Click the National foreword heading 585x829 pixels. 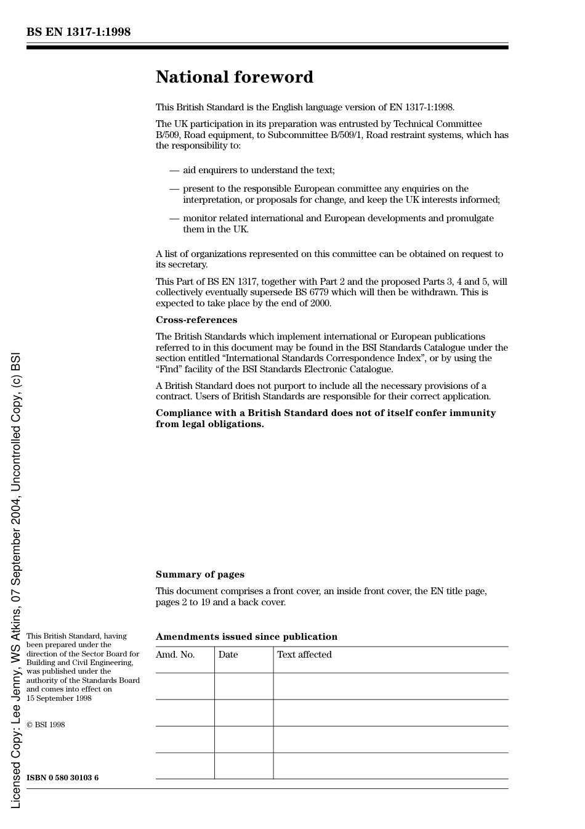(x=234, y=77)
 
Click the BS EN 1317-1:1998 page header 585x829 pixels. (x=78, y=32)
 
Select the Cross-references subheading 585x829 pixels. (x=196, y=320)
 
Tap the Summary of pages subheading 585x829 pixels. (x=200, y=574)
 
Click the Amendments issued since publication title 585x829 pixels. (x=246, y=637)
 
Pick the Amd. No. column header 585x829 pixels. (x=175, y=655)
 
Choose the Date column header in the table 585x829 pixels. (x=228, y=655)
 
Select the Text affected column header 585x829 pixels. (x=304, y=655)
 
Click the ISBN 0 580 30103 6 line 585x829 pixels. (x=62, y=778)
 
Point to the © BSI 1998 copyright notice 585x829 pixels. (x=46, y=725)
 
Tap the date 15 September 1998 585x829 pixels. (x=59, y=698)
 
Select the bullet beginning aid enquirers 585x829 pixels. (x=258, y=170)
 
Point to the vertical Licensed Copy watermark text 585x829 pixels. (x=16, y=579)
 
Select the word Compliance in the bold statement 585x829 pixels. (x=184, y=413)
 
